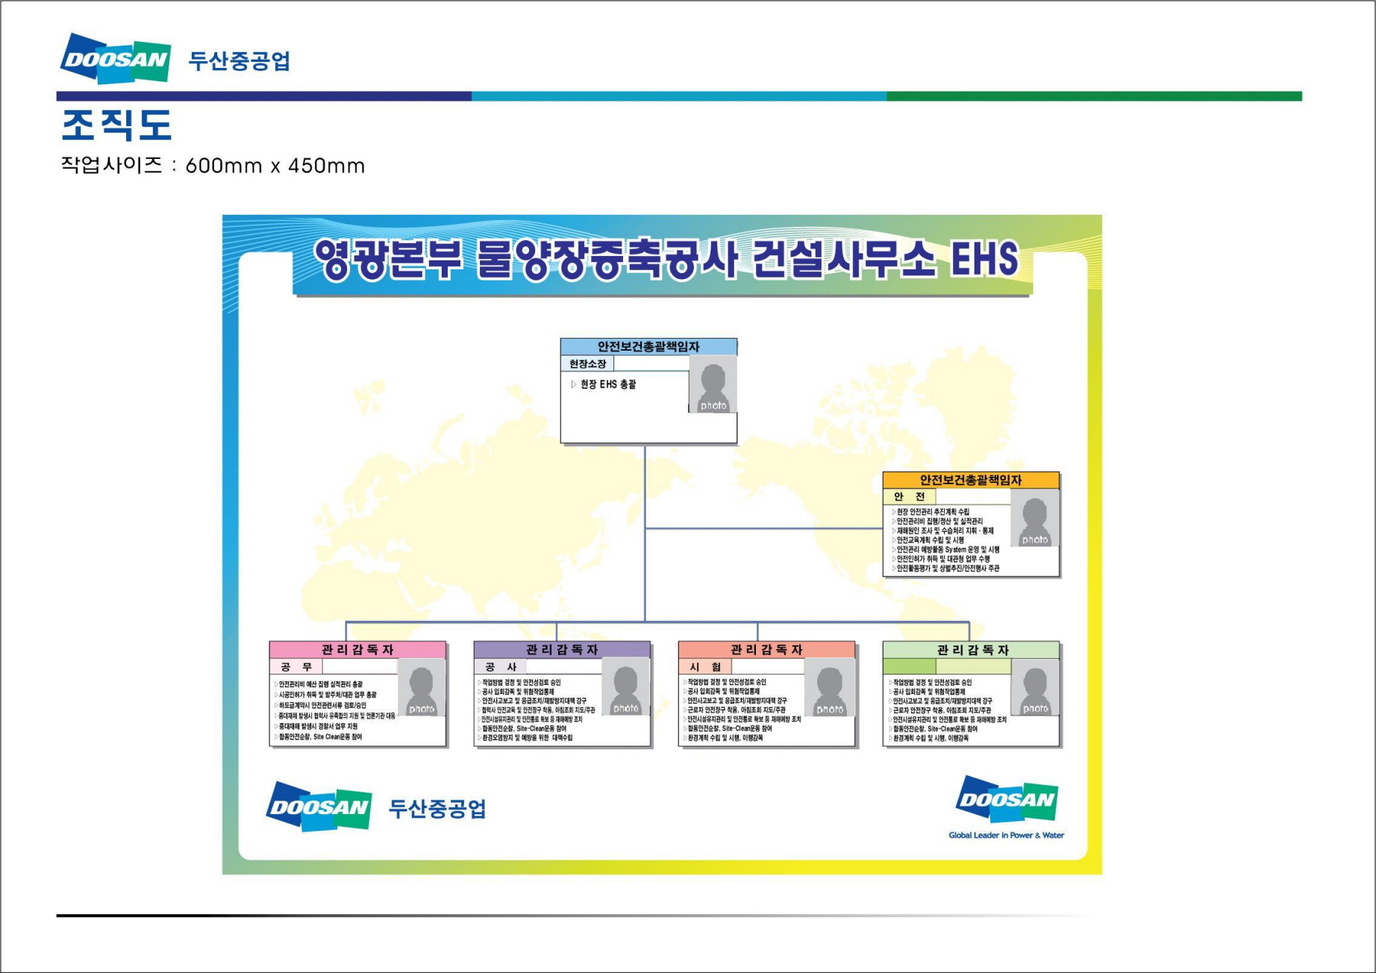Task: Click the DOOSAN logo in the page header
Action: [x=116, y=57]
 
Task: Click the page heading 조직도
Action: [x=116, y=125]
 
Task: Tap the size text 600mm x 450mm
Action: [x=275, y=166]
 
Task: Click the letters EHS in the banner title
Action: [x=983, y=260]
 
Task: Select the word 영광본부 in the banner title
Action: [x=388, y=260]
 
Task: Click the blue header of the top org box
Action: [x=648, y=346]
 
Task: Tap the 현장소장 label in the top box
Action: [x=587, y=363]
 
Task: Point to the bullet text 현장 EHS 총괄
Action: [x=607, y=384]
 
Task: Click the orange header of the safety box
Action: [x=970, y=480]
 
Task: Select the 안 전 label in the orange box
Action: [x=909, y=496]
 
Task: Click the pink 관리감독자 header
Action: [x=357, y=649]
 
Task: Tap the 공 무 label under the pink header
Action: [x=296, y=666]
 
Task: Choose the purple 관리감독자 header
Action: [x=562, y=649]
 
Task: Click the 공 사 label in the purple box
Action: [x=501, y=666]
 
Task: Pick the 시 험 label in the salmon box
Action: [x=705, y=666]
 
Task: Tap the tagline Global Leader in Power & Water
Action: [x=1006, y=835]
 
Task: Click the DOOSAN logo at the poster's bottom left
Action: [x=319, y=807]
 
